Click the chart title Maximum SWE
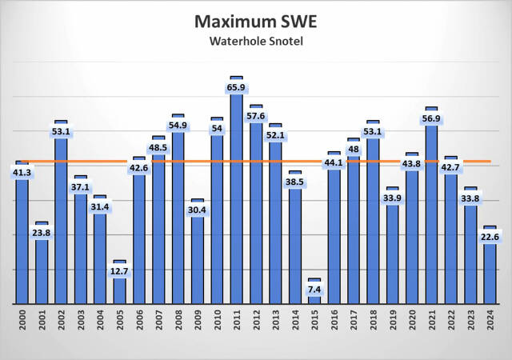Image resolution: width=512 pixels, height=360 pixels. [x=255, y=19]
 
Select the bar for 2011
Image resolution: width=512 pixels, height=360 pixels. [x=237, y=192]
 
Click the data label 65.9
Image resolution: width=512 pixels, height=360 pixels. [x=237, y=88]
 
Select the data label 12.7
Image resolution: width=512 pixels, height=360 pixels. [x=119, y=271]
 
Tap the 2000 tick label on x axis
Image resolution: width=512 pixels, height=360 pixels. [x=22, y=327]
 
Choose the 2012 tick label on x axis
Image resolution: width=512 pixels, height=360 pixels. [x=256, y=327]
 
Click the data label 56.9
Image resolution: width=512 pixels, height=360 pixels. [x=432, y=119]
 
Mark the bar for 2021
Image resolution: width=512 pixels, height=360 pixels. [x=432, y=208]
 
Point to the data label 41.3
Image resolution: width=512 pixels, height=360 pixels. [x=22, y=172]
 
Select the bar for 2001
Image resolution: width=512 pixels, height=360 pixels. [x=42, y=264]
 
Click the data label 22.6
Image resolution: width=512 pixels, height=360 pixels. [x=490, y=237]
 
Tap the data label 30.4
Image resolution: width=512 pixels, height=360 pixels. [x=198, y=210]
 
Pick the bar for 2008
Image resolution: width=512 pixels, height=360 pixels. [x=178, y=212]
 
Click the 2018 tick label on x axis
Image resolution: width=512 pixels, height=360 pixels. [x=374, y=327]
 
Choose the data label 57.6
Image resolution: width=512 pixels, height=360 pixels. [x=256, y=117]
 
